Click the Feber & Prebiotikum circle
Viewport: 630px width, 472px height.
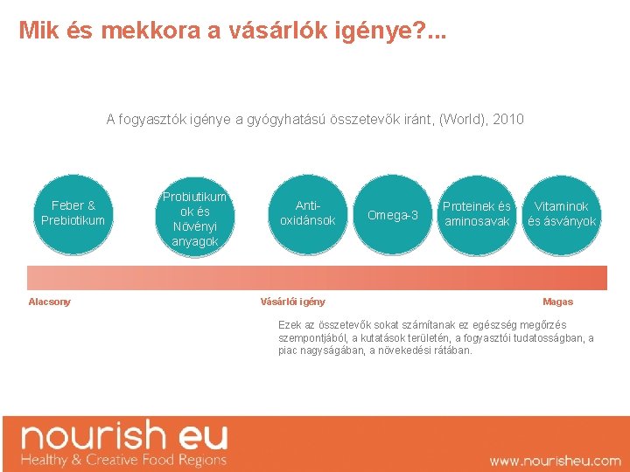(73, 212)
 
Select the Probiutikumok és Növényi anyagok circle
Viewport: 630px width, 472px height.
(194, 219)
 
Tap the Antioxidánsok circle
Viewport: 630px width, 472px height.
(307, 213)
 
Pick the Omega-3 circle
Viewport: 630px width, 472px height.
(392, 215)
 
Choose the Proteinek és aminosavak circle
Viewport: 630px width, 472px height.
(476, 213)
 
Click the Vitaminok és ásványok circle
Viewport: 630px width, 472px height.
(561, 213)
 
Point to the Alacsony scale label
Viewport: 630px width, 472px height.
(49, 302)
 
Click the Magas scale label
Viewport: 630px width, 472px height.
(557, 302)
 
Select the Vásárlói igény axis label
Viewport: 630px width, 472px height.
(292, 302)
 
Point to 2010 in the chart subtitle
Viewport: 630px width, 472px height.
(508, 119)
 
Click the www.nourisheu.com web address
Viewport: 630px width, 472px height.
(555, 461)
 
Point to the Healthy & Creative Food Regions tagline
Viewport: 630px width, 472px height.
(123, 460)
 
